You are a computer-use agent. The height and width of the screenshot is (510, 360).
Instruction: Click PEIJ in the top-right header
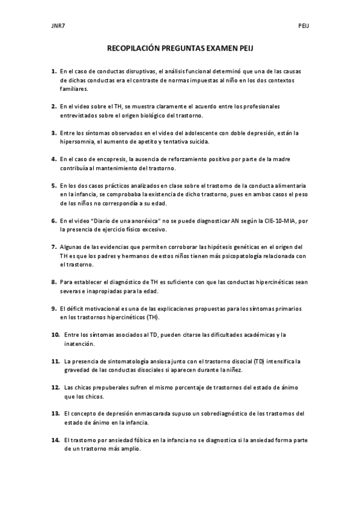coord(304,26)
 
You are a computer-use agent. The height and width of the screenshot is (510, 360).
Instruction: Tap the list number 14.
coord(55,440)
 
